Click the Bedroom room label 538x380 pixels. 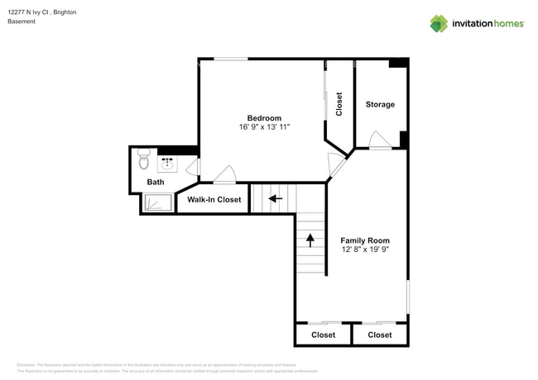pos(264,118)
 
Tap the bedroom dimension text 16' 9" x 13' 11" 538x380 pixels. pos(264,127)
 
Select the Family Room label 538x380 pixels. pos(365,240)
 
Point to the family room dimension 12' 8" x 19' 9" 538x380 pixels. pos(365,249)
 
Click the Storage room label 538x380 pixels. pos(380,105)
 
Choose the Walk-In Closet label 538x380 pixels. pos(214,200)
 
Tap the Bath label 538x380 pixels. pos(156,182)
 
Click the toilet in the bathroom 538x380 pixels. pos(142,157)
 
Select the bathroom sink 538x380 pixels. pos(166,162)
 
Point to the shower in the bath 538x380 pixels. pos(157,202)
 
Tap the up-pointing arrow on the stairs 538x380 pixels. pos(310,240)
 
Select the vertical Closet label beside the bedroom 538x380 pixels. pos(339,103)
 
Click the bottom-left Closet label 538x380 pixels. pos(323,335)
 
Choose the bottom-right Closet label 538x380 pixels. pos(380,335)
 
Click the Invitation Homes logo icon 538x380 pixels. pos(439,23)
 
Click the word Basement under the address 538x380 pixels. pos(22,21)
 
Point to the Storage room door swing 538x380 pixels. pos(379,140)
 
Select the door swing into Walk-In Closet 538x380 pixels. pos(223,175)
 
